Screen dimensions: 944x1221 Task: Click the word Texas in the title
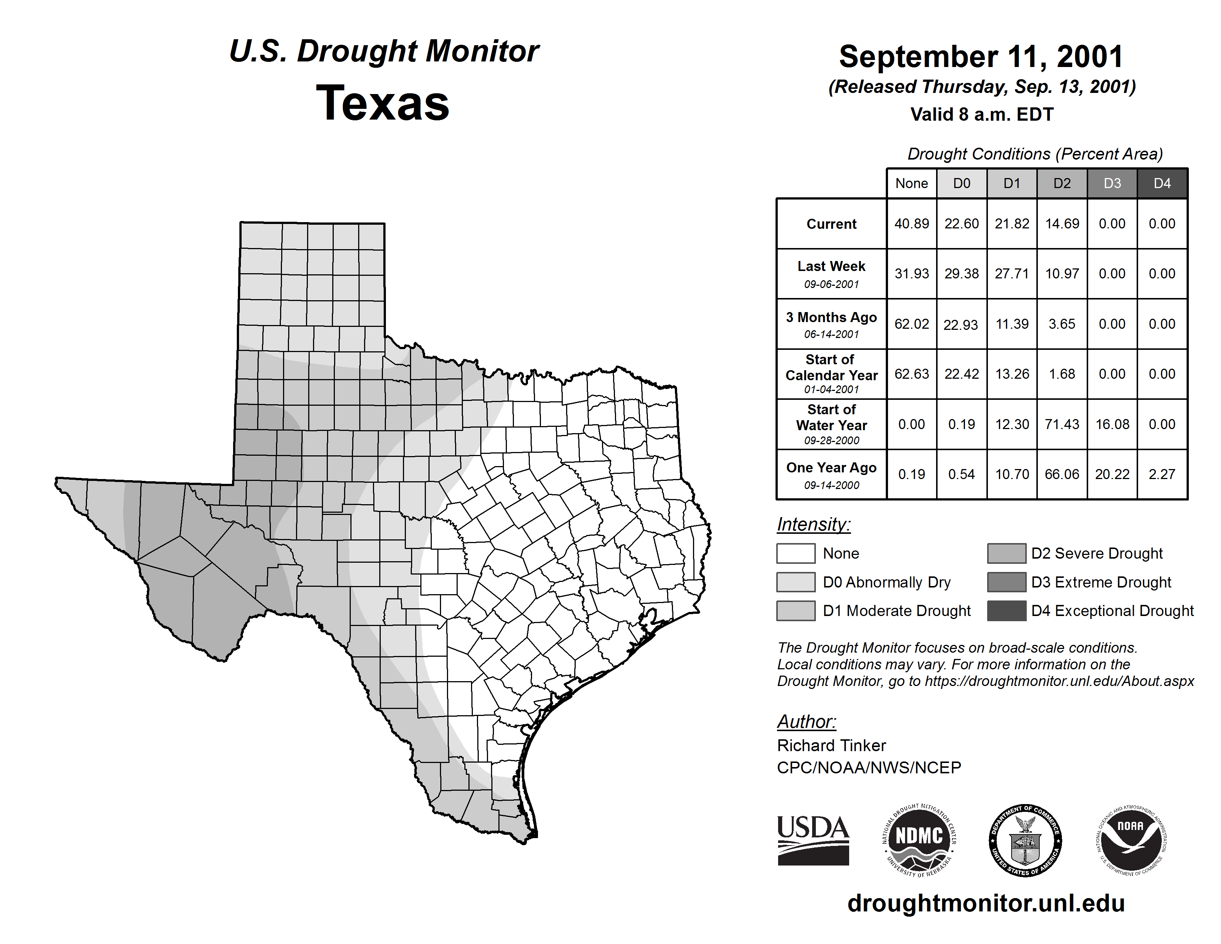pos(383,103)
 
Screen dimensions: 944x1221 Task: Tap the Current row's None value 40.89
pos(911,224)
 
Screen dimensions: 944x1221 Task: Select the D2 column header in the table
pos(1062,183)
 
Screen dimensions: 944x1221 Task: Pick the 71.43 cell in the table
pos(1062,425)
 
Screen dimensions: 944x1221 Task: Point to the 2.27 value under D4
pos(1162,474)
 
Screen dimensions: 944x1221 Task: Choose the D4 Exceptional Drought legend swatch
pos(1006,611)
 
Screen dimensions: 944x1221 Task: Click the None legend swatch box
pos(795,553)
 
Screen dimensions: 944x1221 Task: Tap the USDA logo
pos(813,840)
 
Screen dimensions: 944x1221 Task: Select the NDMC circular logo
pos(919,840)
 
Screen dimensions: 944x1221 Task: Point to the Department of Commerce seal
pos(1025,840)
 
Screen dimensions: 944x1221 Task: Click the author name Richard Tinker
pos(831,746)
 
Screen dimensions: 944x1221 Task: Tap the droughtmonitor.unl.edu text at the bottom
pos(986,903)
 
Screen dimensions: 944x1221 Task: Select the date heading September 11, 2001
pos(981,57)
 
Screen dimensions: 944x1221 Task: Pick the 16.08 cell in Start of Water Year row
pos(1112,425)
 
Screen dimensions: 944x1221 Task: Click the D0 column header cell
pos(962,183)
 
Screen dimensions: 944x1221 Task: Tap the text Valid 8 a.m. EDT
pos(982,115)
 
